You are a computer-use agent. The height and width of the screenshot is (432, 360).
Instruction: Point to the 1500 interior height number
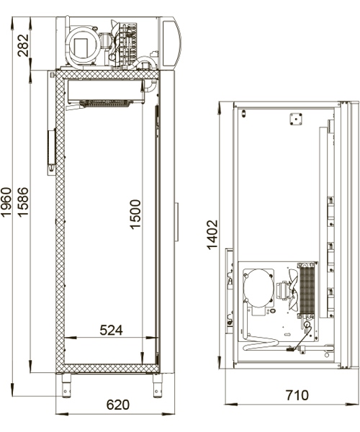coord(137,215)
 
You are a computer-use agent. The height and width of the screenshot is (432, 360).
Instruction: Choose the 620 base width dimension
coord(118,405)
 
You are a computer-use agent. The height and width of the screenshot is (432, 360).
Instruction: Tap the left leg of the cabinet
coord(65,386)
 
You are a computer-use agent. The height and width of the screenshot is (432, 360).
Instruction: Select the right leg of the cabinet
coord(156,386)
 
